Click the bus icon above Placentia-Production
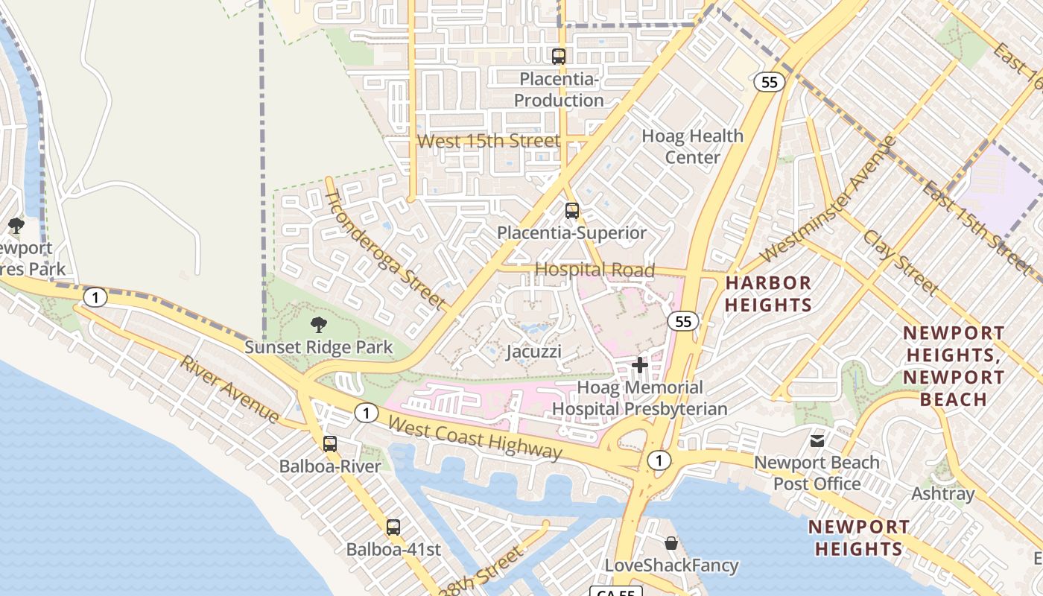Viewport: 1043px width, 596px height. (559, 56)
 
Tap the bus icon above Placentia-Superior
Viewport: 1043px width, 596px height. (571, 211)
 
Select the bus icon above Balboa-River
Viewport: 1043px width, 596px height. (330, 444)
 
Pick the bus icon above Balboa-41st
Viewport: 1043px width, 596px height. (393, 527)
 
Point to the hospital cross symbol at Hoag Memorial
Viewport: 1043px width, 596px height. (639, 365)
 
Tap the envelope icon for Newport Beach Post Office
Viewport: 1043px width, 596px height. (817, 440)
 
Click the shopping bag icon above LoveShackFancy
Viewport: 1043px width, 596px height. (671, 543)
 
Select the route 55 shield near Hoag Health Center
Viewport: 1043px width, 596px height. (770, 82)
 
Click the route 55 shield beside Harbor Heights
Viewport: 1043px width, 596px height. (682, 321)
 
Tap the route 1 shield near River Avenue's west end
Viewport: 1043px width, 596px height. (95, 298)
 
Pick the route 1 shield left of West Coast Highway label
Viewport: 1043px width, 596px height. (366, 413)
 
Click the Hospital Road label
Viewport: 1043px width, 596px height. (595, 270)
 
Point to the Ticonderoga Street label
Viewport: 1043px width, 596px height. (385, 249)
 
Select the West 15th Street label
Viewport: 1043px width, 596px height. (489, 141)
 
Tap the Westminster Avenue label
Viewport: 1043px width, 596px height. (827, 200)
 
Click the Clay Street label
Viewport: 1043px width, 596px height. (900, 263)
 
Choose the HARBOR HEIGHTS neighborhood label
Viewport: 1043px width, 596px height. (768, 294)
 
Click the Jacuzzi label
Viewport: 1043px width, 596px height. (533, 351)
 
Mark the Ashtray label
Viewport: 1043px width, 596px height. (942, 494)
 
